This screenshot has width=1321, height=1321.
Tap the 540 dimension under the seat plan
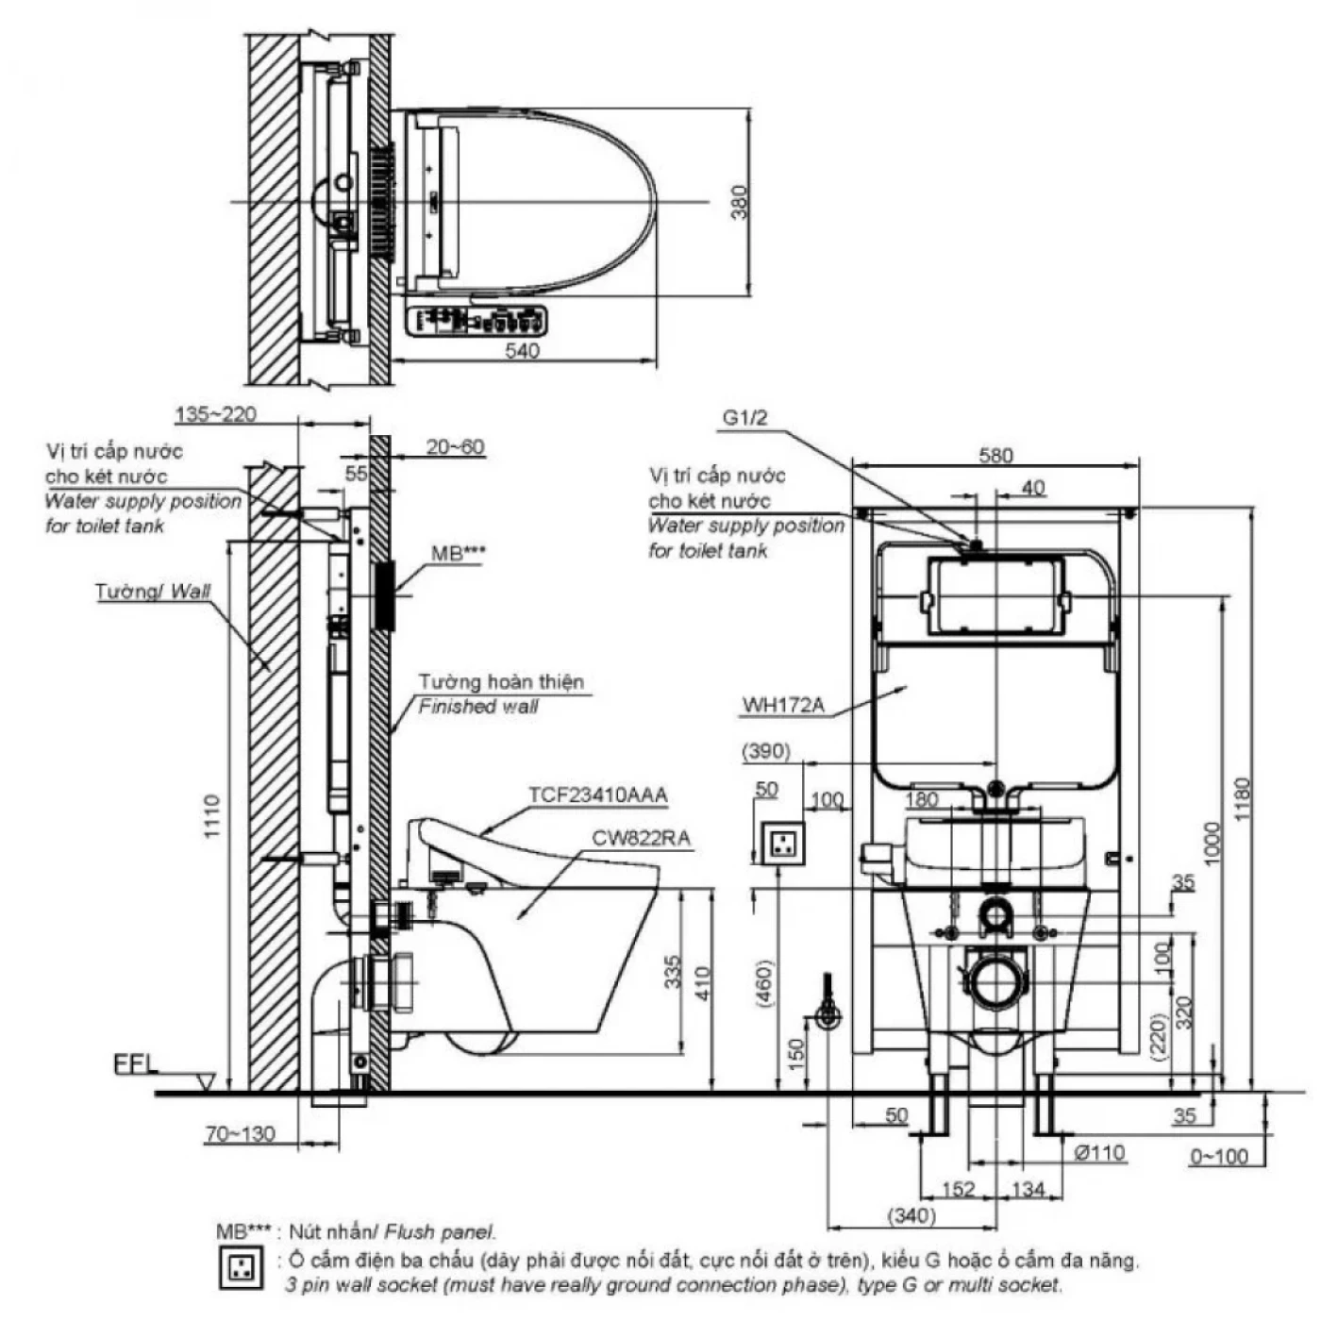click(x=522, y=351)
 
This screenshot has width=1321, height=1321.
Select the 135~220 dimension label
click(x=215, y=414)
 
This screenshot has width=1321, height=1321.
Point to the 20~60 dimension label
click(x=455, y=446)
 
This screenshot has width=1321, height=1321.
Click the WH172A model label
click(x=783, y=704)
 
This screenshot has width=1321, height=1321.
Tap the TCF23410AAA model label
click(x=597, y=794)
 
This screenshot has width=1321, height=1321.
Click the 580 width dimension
click(x=995, y=456)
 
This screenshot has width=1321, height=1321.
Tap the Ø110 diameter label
click(x=1099, y=1152)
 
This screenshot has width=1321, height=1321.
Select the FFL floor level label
click(x=136, y=1064)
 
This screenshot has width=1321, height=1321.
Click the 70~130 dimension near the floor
click(x=241, y=1134)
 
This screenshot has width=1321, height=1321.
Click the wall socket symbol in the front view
click(x=782, y=842)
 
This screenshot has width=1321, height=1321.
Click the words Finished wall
click(x=478, y=706)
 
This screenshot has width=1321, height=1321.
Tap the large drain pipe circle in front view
click(x=994, y=984)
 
